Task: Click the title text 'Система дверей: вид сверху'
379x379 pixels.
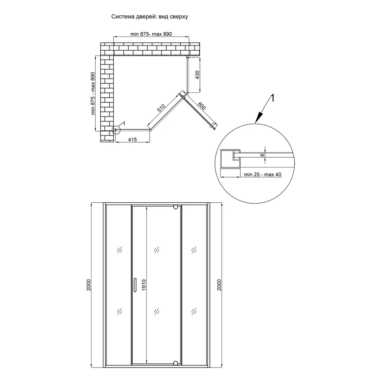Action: click(150, 16)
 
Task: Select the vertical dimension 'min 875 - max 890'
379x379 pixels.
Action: click(93, 93)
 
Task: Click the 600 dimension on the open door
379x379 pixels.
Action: click(201, 107)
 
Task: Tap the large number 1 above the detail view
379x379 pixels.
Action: click(272, 98)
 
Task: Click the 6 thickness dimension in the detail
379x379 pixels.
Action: click(262, 154)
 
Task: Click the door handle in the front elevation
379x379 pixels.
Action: click(135, 285)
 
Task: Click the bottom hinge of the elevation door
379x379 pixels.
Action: click(176, 363)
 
